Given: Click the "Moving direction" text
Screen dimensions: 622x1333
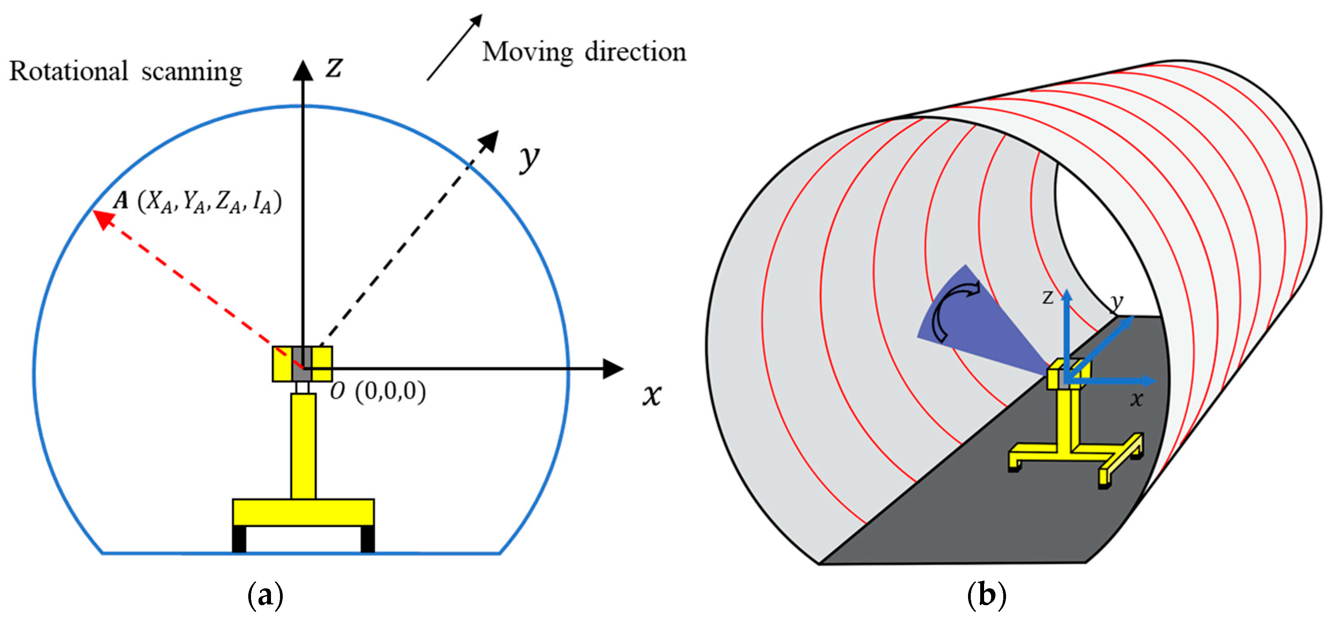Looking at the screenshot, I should click(x=584, y=52).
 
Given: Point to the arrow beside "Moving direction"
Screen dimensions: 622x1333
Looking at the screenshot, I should click(x=454, y=48).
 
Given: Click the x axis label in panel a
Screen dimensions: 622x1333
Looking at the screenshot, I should click(x=652, y=395).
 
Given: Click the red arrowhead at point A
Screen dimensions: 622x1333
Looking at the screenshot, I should click(x=103, y=219).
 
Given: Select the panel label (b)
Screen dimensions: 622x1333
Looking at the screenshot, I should click(x=986, y=595).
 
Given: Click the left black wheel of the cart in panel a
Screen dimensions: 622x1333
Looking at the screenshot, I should click(x=238, y=539).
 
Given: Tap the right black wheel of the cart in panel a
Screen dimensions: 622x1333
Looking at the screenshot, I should click(x=367, y=539).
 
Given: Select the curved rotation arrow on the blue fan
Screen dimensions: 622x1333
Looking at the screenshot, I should click(x=952, y=310).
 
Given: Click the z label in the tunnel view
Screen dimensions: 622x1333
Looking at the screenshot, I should click(x=1048, y=298).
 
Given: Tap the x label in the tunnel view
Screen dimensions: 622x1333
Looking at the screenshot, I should click(x=1136, y=399).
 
